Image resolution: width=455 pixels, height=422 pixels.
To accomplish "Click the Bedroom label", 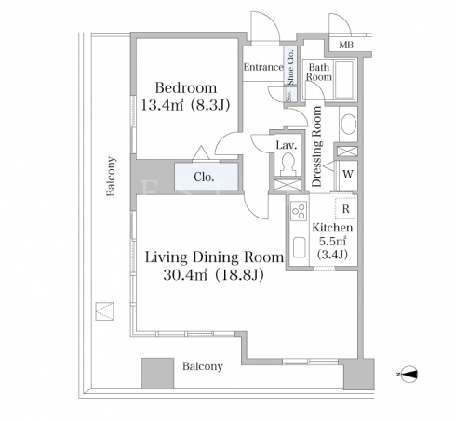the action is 186,87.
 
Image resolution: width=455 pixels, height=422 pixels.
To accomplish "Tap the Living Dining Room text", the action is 214,257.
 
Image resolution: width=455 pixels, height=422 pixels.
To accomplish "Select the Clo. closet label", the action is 204,177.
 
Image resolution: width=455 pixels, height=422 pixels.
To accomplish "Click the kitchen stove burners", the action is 299,211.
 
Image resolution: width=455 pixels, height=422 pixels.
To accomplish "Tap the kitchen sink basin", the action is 299,247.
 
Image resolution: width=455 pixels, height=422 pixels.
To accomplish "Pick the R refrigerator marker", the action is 345,209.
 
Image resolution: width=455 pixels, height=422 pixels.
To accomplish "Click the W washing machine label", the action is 348,174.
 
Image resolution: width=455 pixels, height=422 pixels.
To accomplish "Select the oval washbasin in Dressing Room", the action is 348,125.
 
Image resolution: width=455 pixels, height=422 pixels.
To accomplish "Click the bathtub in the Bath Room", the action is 344,79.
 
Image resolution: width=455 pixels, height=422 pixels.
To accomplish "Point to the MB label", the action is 346,46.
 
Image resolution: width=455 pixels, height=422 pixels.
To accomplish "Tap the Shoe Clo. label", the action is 290,67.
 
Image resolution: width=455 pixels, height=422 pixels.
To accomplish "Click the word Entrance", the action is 263,67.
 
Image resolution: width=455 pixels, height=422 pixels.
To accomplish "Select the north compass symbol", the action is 408,374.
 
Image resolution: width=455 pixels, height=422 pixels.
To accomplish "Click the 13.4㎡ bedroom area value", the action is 162,106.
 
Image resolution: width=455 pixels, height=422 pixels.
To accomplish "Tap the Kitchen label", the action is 332,228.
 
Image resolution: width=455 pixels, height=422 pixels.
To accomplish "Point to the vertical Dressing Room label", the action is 316,147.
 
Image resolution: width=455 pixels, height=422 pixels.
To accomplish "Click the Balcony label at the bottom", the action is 203,366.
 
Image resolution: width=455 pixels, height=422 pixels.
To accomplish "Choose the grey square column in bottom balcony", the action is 157,374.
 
